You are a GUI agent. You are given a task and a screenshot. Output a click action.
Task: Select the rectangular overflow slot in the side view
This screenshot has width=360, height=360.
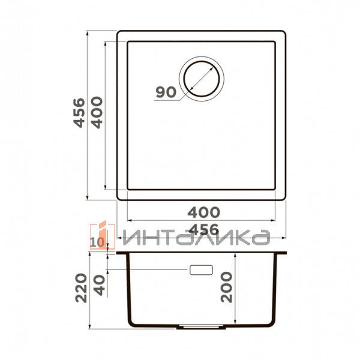click(202, 270)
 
